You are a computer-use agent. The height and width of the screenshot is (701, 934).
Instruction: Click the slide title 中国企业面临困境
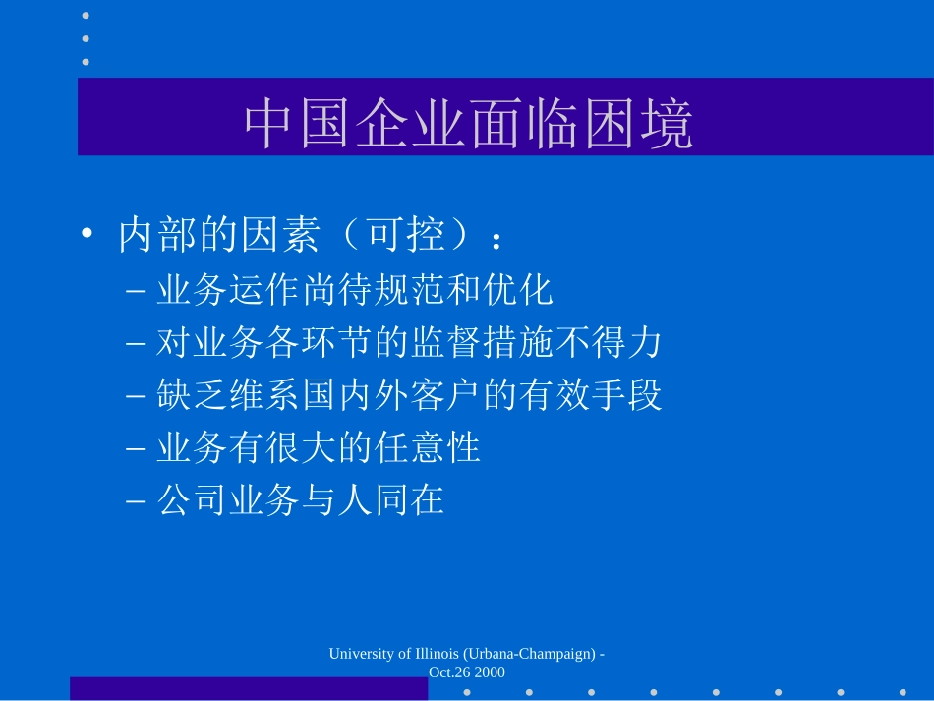pos(468,123)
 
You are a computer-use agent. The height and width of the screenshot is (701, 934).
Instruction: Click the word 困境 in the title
pos(637,123)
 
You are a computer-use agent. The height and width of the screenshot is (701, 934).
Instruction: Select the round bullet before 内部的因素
pos(87,233)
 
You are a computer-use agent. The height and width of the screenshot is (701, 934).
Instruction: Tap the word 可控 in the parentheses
pos(406,234)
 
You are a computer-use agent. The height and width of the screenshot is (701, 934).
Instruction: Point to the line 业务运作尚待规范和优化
pos(355,290)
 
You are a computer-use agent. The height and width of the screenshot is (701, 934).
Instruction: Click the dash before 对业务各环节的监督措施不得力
pos(136,344)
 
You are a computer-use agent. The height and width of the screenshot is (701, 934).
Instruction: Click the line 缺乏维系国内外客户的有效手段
pos(409,394)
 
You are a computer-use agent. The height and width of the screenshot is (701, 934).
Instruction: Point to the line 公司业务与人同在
pos(301,499)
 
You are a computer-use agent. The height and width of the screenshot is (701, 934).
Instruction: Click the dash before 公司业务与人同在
pos(136,500)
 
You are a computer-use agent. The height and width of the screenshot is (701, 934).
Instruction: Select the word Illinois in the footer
pos(437,654)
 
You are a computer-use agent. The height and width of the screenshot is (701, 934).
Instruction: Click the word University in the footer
pos(362,654)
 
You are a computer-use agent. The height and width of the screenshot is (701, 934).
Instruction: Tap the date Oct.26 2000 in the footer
pos(467,672)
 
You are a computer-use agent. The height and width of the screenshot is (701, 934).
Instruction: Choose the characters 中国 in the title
pos(297,123)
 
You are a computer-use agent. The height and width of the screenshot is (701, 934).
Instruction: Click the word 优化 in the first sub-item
pos(518,290)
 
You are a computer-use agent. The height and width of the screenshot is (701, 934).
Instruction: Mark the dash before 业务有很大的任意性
pos(136,448)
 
